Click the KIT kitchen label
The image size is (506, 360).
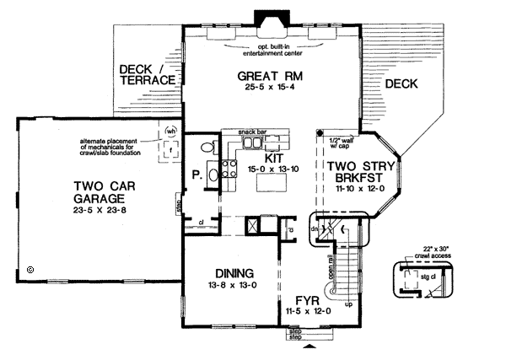click(274, 158)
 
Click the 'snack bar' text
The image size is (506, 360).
click(255, 132)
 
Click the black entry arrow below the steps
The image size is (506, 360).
click(307, 346)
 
